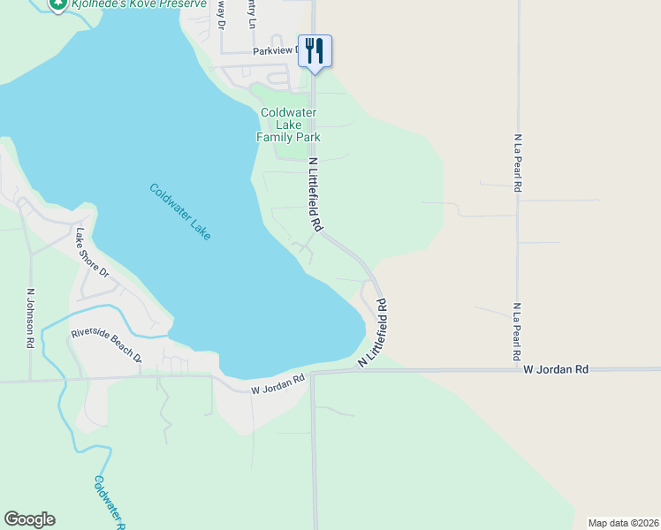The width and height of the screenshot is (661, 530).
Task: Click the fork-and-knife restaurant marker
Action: (315, 49)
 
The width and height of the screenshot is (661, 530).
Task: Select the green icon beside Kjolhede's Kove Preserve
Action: (57, 5)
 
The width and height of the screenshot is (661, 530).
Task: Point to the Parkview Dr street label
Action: (276, 51)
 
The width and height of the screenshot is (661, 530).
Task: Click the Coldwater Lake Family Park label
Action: (288, 125)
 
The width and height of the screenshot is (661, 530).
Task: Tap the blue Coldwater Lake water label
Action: (180, 211)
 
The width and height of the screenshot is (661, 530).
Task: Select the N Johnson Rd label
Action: (32, 316)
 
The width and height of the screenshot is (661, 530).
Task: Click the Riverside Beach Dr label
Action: (107, 345)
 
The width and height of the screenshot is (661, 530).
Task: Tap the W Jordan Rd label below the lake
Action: (277, 383)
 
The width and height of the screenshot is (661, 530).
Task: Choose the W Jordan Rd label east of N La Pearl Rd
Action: (555, 368)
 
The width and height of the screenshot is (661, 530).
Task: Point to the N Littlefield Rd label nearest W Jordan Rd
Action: (374, 335)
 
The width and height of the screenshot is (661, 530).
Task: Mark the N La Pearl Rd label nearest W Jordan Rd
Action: (516, 332)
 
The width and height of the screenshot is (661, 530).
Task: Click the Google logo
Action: (30, 519)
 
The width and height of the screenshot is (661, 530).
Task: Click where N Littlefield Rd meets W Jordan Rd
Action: (314, 372)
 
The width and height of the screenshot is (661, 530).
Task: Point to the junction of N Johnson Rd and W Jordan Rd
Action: (31, 381)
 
